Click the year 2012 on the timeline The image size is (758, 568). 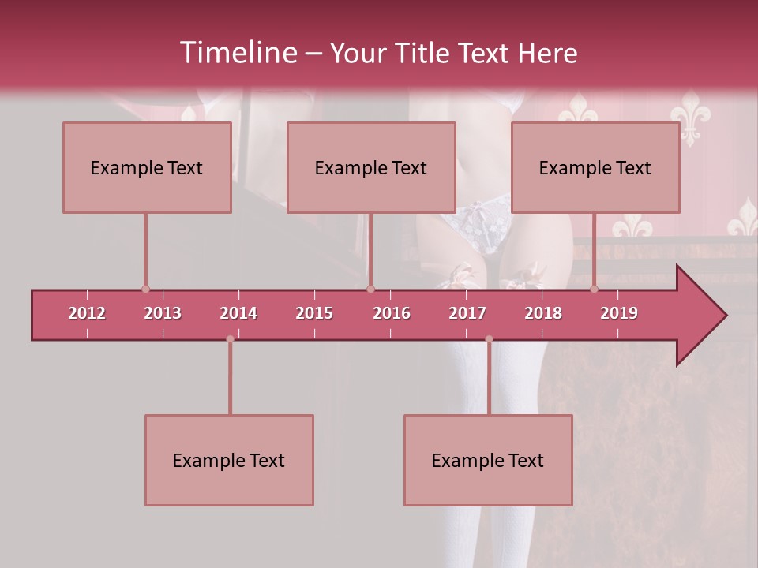(87, 313)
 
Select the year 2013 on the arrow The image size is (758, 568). (163, 313)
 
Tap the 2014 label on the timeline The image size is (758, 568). (238, 313)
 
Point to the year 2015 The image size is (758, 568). (314, 313)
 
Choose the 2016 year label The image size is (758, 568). (392, 313)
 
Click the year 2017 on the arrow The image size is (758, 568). (467, 313)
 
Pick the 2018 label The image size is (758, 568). (543, 313)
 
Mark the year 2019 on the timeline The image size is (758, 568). (619, 313)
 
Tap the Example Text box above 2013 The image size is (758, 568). (147, 167)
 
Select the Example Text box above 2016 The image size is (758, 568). (371, 167)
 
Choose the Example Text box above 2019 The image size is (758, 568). (595, 167)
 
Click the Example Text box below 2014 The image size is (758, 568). (229, 460)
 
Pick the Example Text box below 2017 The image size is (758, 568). (488, 460)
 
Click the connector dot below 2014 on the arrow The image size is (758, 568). (230, 339)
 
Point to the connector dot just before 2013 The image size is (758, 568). (145, 290)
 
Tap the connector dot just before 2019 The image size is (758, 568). (595, 290)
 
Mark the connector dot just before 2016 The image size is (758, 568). (371, 290)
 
